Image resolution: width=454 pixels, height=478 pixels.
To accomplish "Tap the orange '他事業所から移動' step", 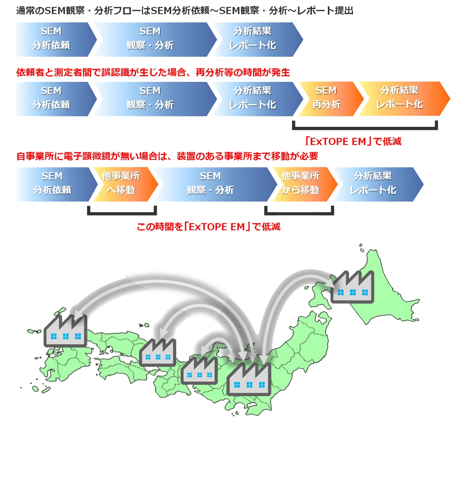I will pyautogui.click(x=301, y=184).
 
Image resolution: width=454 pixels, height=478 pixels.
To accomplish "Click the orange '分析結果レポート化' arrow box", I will pyautogui.click(x=400, y=98).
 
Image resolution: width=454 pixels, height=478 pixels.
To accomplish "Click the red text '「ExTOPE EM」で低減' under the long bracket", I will pyautogui.click(x=353, y=142).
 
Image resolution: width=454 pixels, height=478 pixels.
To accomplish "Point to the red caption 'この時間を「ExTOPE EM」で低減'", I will pyautogui.click(x=208, y=227).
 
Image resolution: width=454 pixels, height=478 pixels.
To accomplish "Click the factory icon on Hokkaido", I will pyautogui.click(x=352, y=287).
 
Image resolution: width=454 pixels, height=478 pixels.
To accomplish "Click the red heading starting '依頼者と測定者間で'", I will pyautogui.click(x=153, y=72).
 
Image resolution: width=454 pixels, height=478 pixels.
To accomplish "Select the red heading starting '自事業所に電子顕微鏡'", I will pyautogui.click(x=167, y=156).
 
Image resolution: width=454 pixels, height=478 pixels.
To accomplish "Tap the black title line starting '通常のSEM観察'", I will pyautogui.click(x=185, y=11).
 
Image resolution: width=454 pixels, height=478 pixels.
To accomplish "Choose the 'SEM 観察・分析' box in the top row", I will pyautogui.click(x=151, y=39).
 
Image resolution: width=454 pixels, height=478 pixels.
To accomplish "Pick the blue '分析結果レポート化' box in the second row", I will pyautogui.click(x=253, y=98).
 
